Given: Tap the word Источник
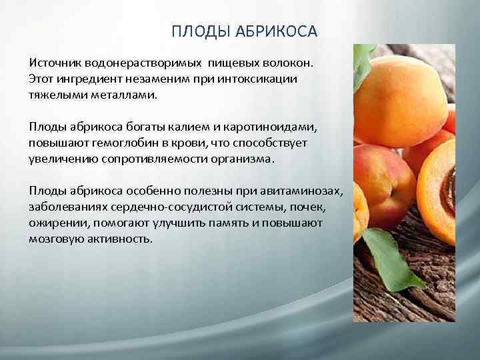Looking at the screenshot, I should point(55,62).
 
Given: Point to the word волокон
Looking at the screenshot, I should point(287,62).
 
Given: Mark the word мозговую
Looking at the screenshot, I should point(57,239).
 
